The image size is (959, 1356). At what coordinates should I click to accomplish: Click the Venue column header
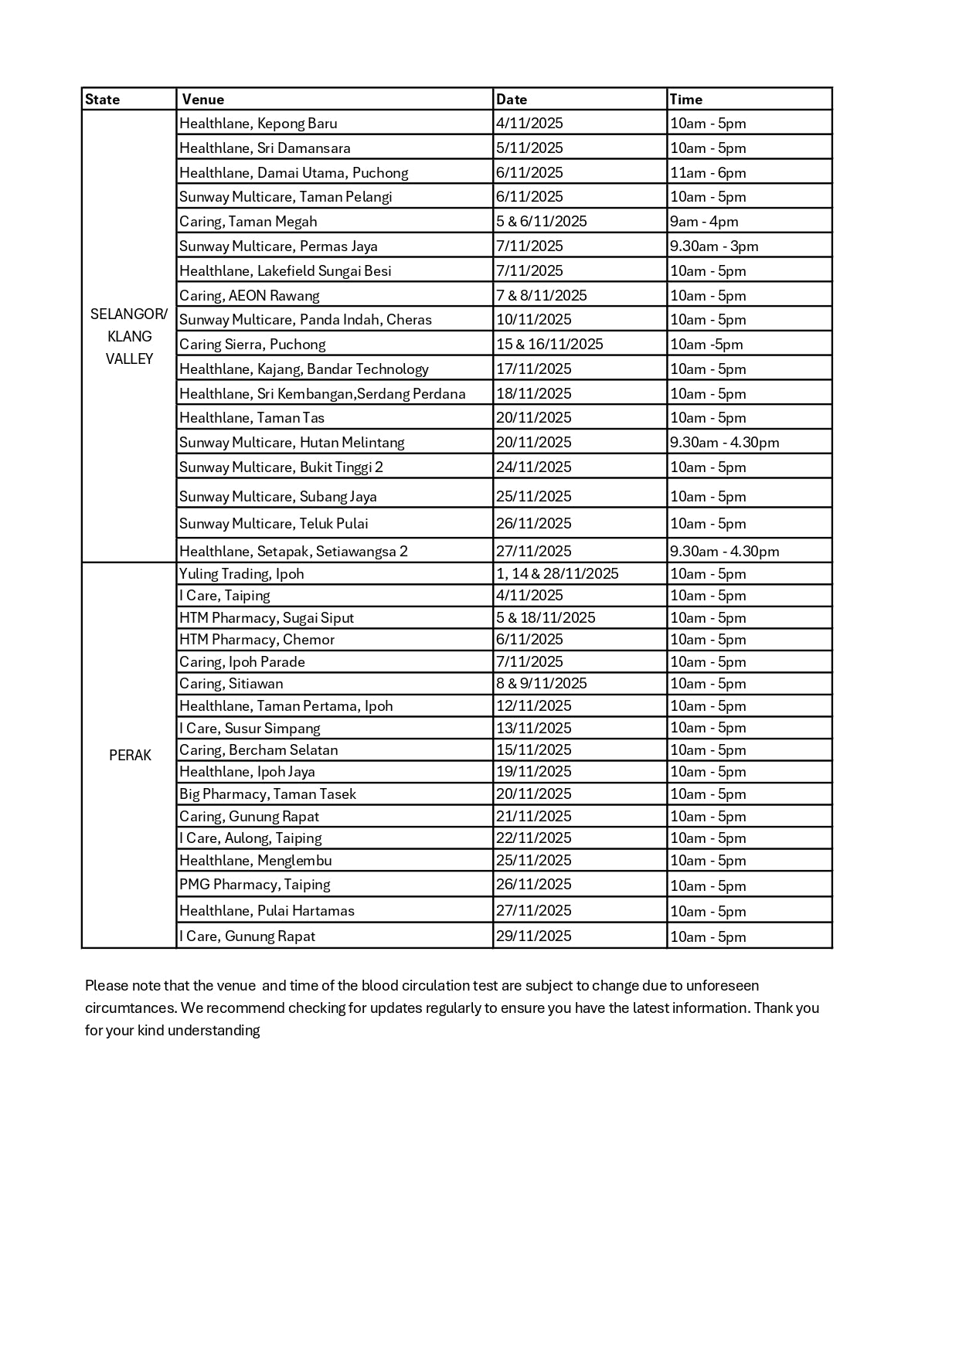(203, 100)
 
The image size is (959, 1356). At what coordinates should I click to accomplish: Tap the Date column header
(512, 100)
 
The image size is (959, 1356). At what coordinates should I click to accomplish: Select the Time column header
(686, 100)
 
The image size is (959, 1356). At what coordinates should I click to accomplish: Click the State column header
(103, 100)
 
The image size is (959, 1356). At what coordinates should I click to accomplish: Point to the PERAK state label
(130, 756)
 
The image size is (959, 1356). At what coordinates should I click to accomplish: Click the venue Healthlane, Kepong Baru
(258, 124)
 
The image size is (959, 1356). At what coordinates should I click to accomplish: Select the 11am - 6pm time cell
(708, 173)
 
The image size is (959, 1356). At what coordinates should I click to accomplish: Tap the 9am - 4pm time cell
(704, 222)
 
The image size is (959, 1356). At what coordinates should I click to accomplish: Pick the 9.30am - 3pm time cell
(714, 246)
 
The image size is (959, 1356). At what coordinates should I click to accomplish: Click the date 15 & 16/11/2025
(549, 345)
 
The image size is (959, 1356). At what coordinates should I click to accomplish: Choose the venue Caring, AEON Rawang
(249, 296)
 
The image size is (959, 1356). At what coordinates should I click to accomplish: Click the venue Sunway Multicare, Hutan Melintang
(291, 443)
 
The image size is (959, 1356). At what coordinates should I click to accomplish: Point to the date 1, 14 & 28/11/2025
(557, 574)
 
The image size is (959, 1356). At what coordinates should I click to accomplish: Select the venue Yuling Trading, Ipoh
(241, 574)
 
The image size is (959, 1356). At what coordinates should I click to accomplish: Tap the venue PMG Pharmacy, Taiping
(254, 885)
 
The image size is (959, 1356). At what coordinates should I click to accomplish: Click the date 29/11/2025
(534, 936)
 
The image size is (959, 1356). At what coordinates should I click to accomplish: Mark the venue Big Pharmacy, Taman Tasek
(267, 794)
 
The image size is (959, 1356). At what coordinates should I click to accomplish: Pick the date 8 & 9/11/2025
(542, 684)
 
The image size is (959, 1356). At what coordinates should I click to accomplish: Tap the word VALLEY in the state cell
(129, 359)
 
